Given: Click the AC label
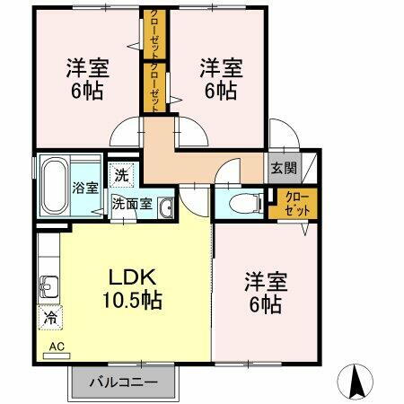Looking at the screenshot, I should (56, 346).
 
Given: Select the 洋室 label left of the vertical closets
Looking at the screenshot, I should (87, 78).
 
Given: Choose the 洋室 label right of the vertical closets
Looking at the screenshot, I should (220, 78).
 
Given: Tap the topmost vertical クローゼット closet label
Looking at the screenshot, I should (153, 34).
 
